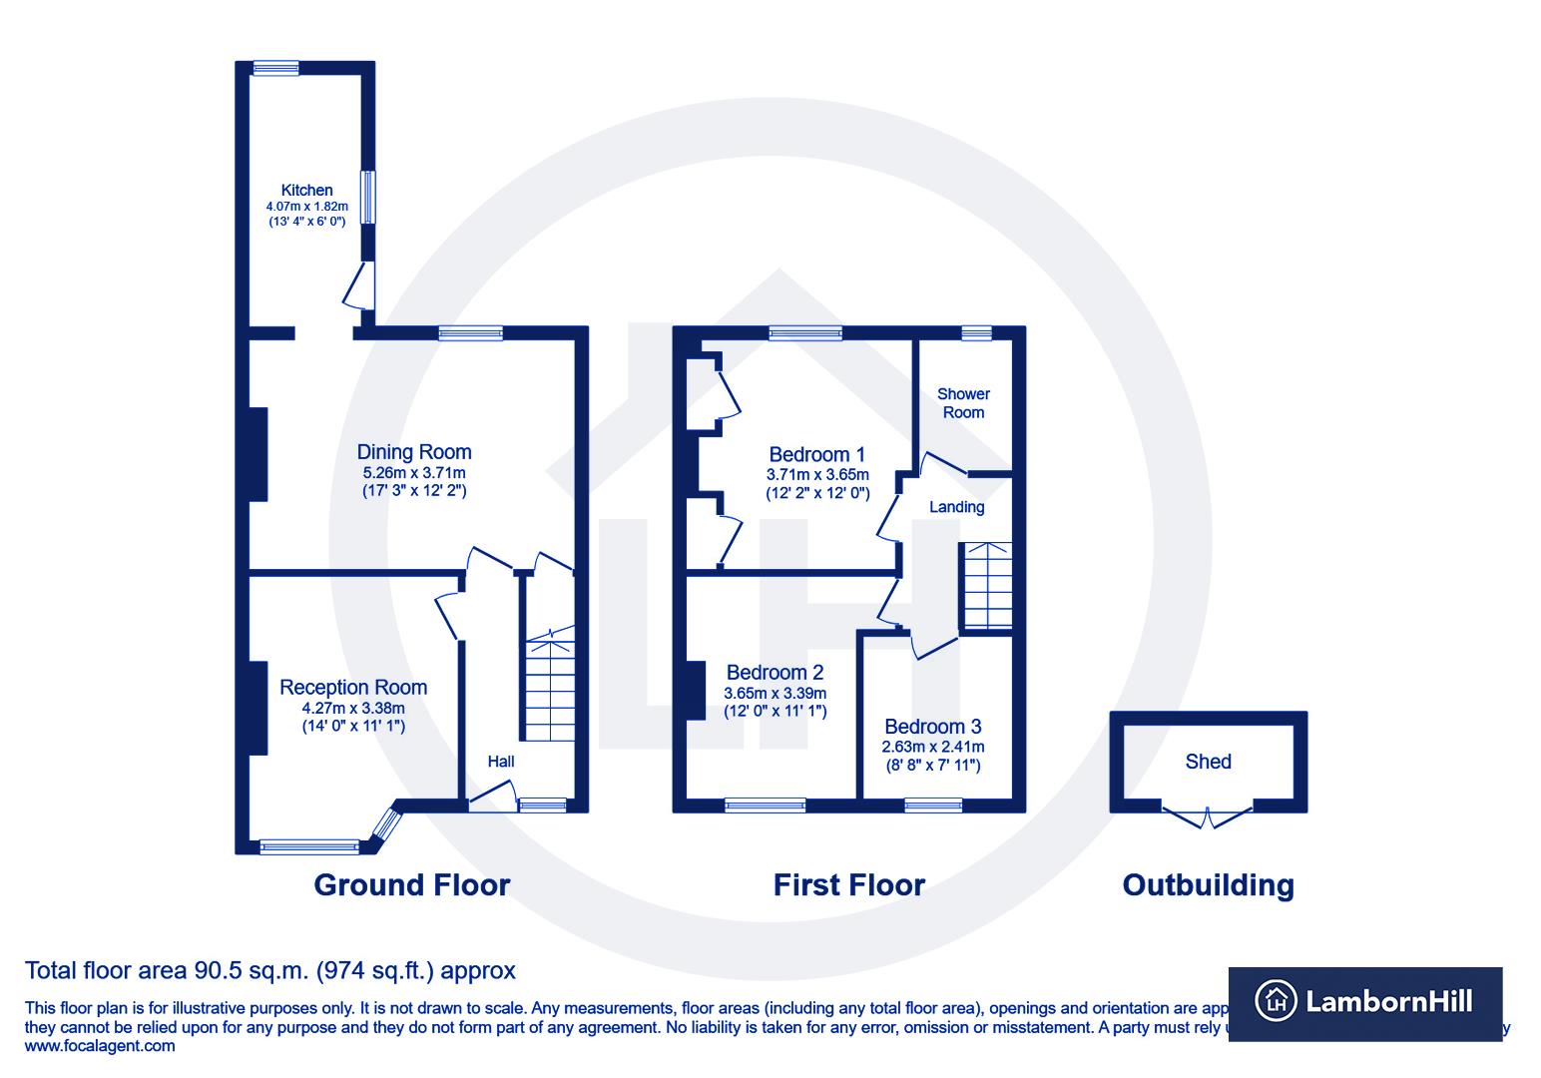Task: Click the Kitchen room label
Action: pyautogui.click(x=306, y=190)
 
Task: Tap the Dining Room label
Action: pyautogui.click(x=414, y=452)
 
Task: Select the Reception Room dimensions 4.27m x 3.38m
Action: pyautogui.click(x=353, y=709)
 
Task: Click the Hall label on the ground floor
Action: pyautogui.click(x=501, y=762)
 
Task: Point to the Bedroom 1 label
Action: pyautogui.click(x=817, y=454)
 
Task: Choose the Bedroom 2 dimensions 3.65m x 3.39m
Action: pyautogui.click(x=774, y=693)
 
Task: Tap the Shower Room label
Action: pyautogui.click(x=963, y=403)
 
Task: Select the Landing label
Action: pyautogui.click(x=957, y=507)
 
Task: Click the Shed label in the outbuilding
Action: pyautogui.click(x=1208, y=762)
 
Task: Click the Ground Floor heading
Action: pyautogui.click(x=411, y=885)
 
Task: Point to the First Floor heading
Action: pyautogui.click(x=848, y=885)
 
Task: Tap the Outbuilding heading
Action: pyautogui.click(x=1208, y=885)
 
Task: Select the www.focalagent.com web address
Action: pyautogui.click(x=99, y=1046)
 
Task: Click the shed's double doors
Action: pyautogui.click(x=1208, y=816)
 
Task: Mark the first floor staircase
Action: pyautogui.click(x=986, y=586)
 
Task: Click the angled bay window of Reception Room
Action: pyautogui.click(x=385, y=824)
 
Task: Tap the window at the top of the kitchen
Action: pyautogui.click(x=275, y=68)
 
